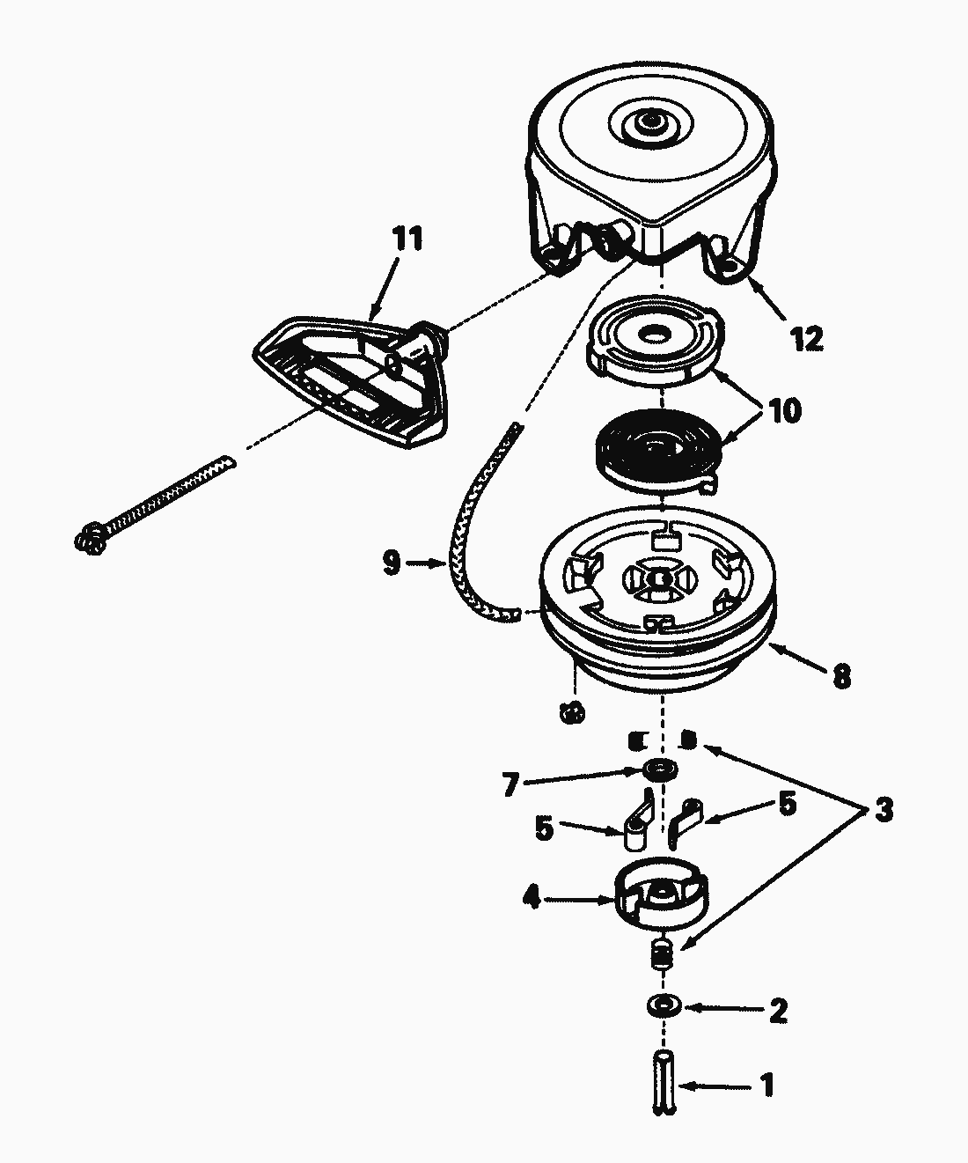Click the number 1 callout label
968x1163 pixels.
[x=766, y=1085]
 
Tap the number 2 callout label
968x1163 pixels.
[x=777, y=1012]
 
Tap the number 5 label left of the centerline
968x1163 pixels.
[x=545, y=828]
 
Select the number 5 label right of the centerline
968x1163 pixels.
[x=786, y=804]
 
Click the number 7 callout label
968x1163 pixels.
[x=511, y=783]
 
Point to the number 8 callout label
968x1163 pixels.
[x=840, y=676]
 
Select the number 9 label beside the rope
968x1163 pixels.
[x=392, y=562]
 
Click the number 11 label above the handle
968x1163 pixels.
[x=407, y=239]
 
